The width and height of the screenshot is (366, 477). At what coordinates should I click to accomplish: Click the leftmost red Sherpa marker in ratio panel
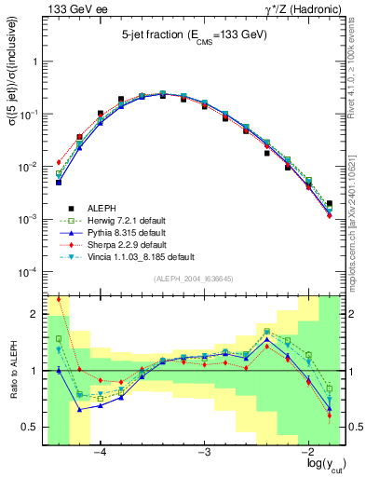pyautogui.click(x=59, y=300)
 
